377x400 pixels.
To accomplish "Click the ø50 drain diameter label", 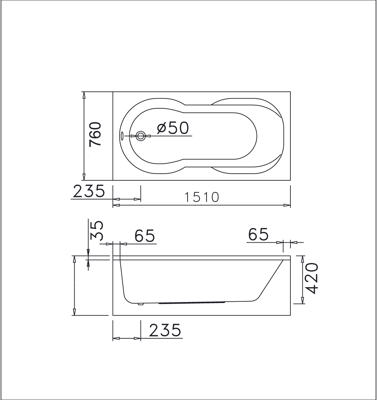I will (173, 128).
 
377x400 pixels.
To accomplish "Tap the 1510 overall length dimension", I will (202, 197).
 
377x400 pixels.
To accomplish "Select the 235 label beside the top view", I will (88, 192).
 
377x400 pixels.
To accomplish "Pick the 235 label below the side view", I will (165, 331).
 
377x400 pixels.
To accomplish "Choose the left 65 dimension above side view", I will (145, 236).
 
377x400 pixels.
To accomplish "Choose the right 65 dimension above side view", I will (258, 235).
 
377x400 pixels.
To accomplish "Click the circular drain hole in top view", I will (141, 136).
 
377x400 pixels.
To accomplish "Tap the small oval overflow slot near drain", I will (122, 136).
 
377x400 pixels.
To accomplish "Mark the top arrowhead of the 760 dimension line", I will (84, 95).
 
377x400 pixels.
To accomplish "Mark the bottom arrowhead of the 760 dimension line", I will (84, 177).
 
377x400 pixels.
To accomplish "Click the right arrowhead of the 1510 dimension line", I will (287, 206).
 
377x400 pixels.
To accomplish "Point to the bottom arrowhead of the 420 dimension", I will (302, 301).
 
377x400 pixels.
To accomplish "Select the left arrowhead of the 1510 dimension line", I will (116, 206).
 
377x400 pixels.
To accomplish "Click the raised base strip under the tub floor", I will (192, 303).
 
